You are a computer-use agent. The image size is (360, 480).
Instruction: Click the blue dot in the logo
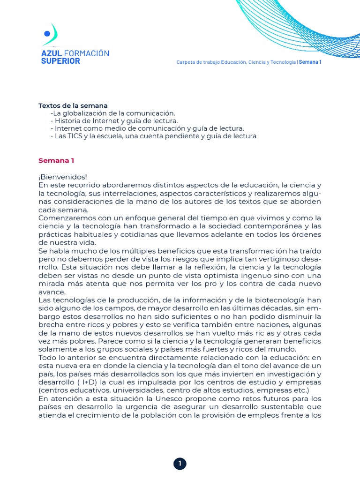[46, 33]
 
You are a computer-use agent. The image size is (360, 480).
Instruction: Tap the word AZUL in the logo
[52, 53]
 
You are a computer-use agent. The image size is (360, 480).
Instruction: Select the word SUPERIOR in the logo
[60, 61]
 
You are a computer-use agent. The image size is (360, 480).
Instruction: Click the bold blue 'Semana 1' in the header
[310, 62]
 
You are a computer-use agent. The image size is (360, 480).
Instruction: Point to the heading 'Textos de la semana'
[73, 105]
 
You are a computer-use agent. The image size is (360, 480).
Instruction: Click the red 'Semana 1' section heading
[56, 160]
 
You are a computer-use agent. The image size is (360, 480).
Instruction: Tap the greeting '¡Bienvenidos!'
[63, 177]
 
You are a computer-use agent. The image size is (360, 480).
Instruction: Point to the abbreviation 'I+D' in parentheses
[86, 382]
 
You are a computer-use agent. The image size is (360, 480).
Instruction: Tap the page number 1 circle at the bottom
[180, 464]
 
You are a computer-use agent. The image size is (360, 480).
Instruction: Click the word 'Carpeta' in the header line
[185, 62]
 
